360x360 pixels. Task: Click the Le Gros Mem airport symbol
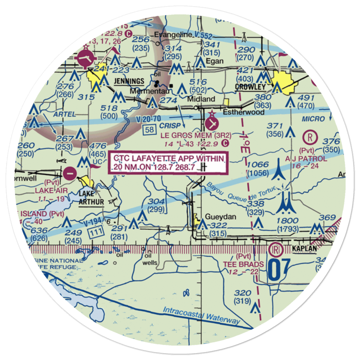coord(211,123)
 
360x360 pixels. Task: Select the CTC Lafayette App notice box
coord(169,163)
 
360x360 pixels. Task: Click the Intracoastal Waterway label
coord(201,315)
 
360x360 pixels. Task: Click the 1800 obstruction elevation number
coord(288,220)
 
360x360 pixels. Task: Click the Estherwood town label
coord(243,112)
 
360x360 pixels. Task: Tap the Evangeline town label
coord(168,35)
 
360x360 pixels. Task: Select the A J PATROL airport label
coord(306,159)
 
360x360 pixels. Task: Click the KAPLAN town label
coord(304,249)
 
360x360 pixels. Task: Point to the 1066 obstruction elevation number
coord(258,165)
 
